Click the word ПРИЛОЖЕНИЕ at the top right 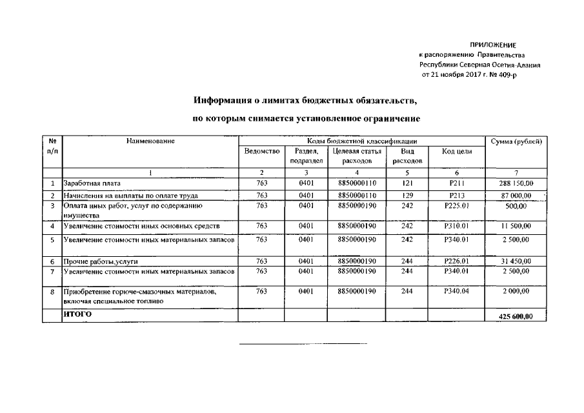tap(493, 45)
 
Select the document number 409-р tap(506, 76)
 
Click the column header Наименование tap(150, 141)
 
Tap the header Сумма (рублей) tap(516, 141)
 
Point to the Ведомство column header tap(261, 151)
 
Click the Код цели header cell tap(456, 151)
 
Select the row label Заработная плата tap(92, 184)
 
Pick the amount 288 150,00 tap(516, 184)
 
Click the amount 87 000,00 tap(516, 195)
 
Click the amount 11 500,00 tap(516, 227)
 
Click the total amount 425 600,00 tap(516, 316)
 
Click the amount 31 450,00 tap(516, 261)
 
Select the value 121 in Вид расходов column tap(407, 184)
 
